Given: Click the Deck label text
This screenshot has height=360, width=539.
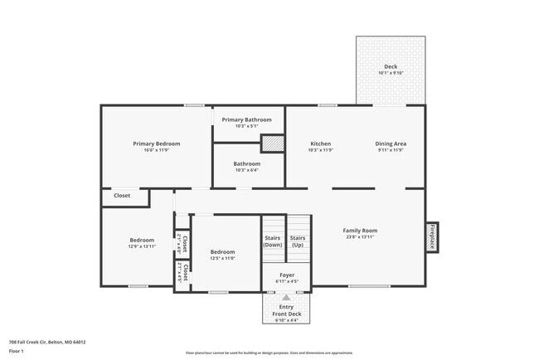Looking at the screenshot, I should [391, 66].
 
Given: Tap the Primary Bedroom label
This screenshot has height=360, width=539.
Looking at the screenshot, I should [156, 144].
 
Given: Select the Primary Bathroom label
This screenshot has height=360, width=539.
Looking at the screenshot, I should [246, 119].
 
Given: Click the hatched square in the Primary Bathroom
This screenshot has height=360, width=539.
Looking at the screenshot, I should [273, 143].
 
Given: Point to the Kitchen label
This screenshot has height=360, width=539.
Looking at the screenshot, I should [320, 144].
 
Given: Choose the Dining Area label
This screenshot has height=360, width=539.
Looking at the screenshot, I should [391, 144].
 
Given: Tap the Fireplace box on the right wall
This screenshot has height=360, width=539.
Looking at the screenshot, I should [431, 236].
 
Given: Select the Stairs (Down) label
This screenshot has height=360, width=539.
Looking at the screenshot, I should [273, 241].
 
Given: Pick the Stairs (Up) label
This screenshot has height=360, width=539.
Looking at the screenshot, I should [297, 241].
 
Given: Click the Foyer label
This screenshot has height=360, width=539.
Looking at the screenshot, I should [286, 275].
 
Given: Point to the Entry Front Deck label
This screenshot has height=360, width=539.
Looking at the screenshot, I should [286, 310].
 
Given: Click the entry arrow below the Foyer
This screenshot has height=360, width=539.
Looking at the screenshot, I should [286, 296].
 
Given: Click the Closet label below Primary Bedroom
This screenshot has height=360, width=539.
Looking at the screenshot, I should [122, 196].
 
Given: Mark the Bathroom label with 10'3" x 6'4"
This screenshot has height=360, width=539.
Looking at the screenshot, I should [246, 164].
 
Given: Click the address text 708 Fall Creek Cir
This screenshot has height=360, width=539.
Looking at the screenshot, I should [46, 342].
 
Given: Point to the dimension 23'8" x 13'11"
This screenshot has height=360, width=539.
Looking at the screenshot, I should [360, 237].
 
